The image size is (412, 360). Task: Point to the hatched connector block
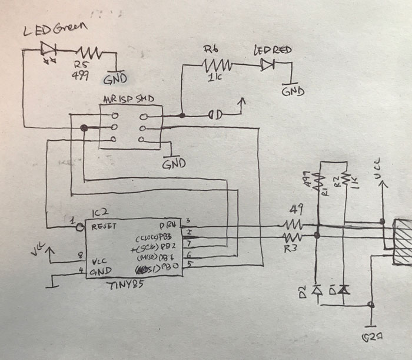403,242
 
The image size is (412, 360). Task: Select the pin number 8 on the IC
80,257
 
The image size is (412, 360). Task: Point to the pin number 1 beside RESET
73,220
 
